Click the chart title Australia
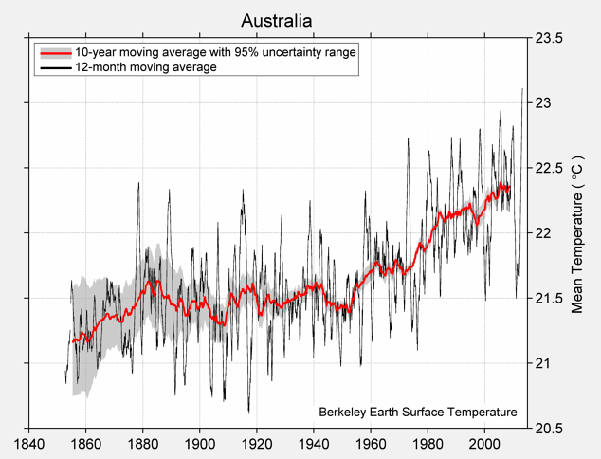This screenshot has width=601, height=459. coord(276,20)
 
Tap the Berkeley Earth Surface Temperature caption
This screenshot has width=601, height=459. coord(417,412)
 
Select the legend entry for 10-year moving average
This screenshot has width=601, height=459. coord(215,52)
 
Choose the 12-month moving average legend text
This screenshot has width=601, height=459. coord(146,67)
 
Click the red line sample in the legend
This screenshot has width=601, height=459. coord(54,52)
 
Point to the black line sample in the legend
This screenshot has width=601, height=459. coord(54,67)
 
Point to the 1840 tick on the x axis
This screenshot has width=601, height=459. coord(28,444)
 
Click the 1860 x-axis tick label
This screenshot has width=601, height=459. coord(85,444)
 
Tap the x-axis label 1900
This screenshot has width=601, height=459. coord(199,444)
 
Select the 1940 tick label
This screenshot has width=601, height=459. coord(314,444)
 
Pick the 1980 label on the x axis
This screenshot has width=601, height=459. coord(428,444)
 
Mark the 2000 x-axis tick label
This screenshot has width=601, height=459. coord(484,444)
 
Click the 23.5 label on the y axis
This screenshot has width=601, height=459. coord(549,39)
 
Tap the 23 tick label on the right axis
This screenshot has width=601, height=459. coord(542,103)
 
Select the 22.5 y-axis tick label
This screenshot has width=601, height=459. coord(549,168)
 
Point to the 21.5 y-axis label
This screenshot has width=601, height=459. coord(549,298)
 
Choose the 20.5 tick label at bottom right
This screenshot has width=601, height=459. coord(549,428)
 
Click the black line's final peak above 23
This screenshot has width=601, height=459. coord(522,89)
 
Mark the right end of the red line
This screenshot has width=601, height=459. coord(509,188)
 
